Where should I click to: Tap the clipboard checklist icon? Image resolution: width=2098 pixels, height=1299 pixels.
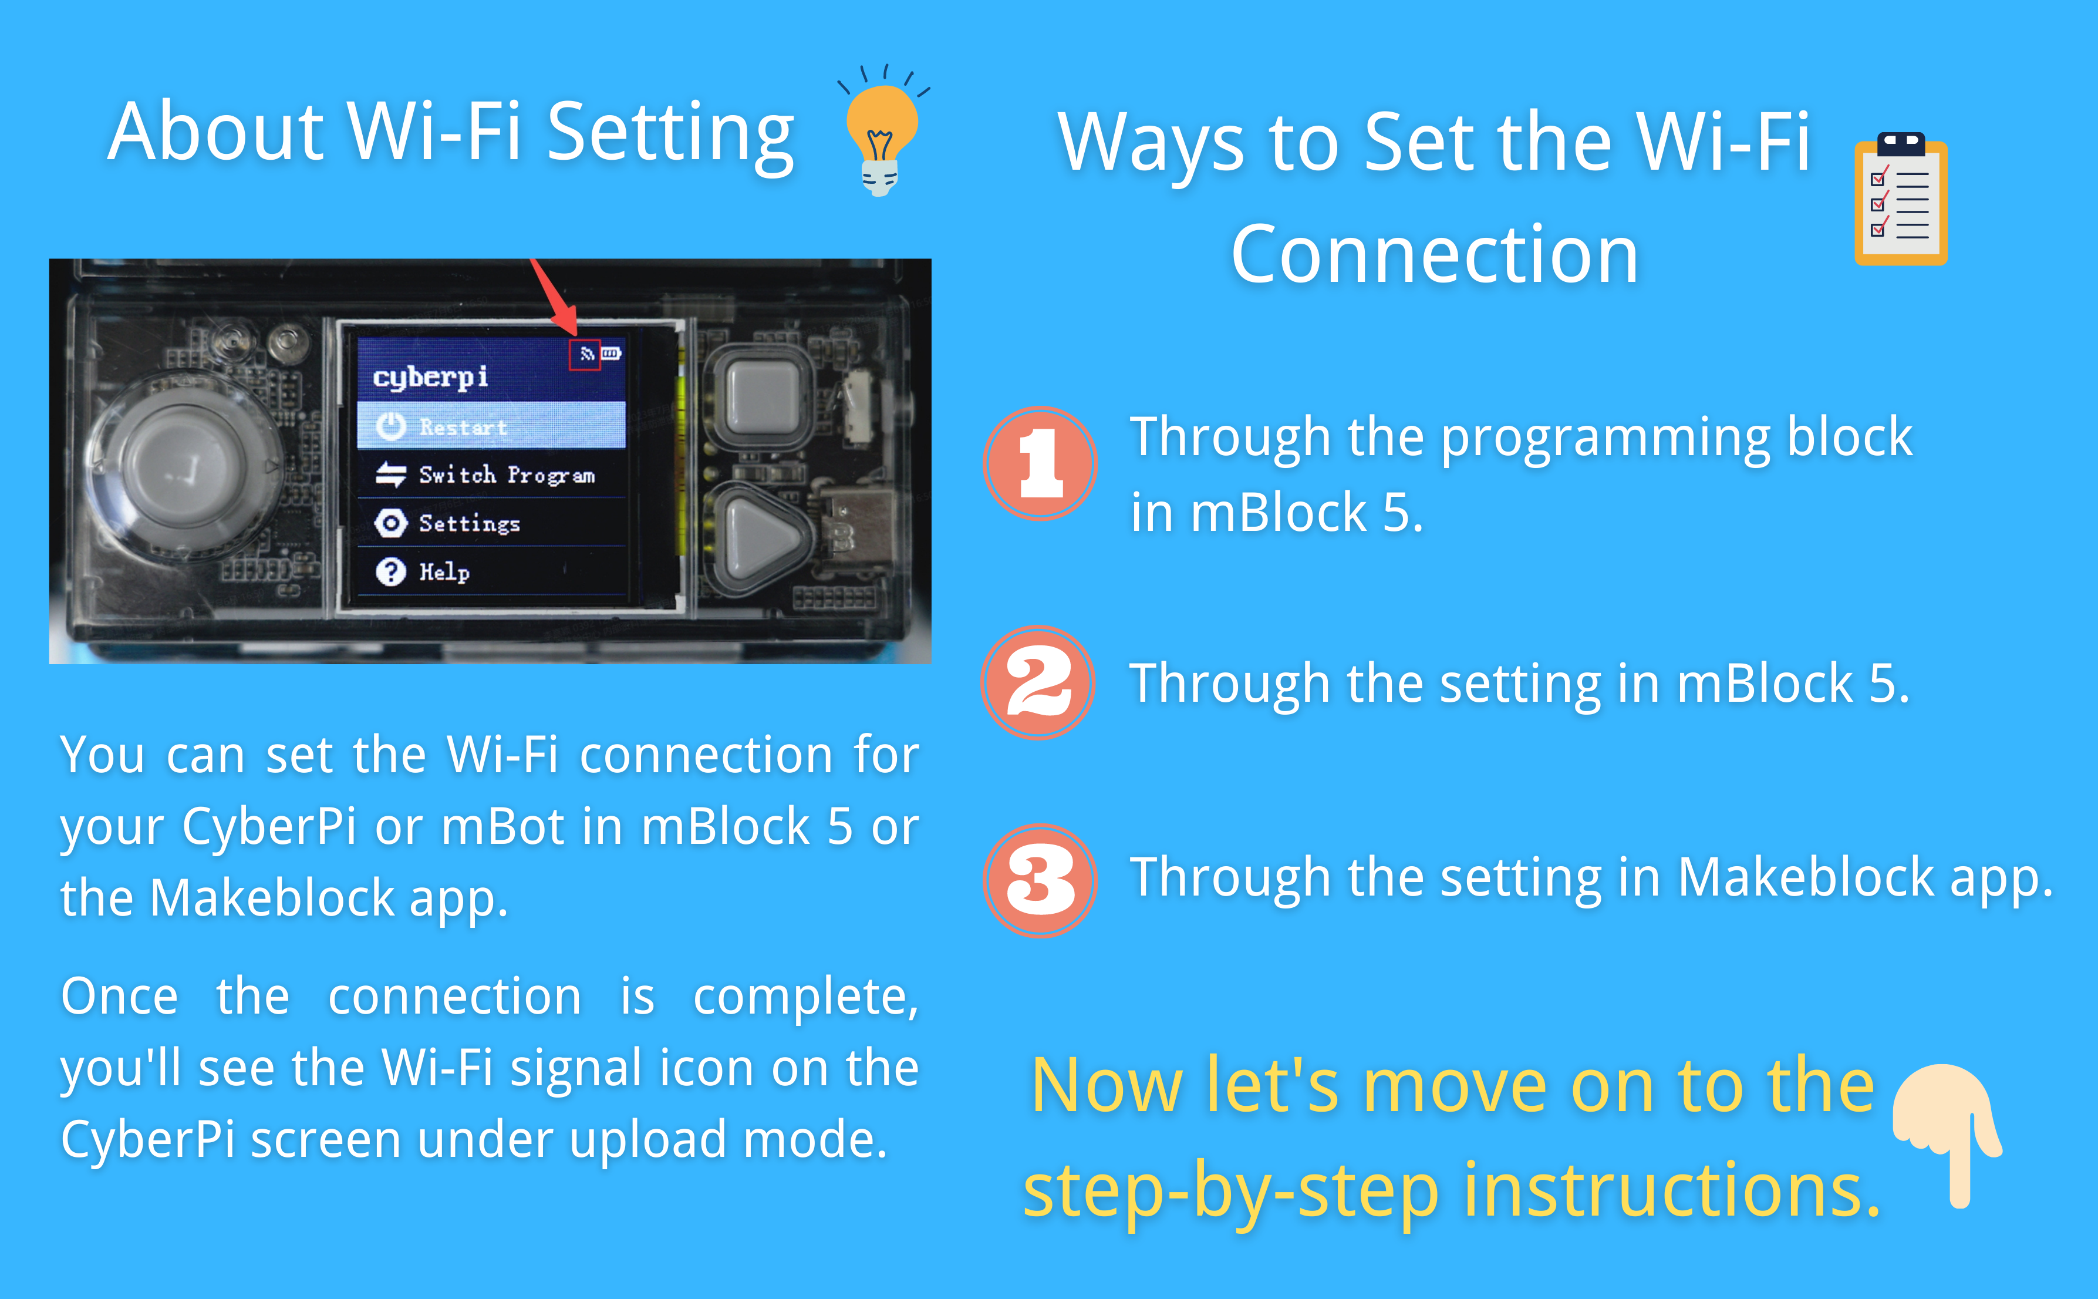point(1901,198)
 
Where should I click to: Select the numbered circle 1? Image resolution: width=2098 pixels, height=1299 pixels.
point(1040,463)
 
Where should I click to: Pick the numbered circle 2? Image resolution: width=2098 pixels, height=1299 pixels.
point(1038,682)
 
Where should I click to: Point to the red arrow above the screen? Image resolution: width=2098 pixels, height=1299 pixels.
point(555,297)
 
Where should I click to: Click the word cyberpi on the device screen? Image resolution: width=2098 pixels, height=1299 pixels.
point(430,377)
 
